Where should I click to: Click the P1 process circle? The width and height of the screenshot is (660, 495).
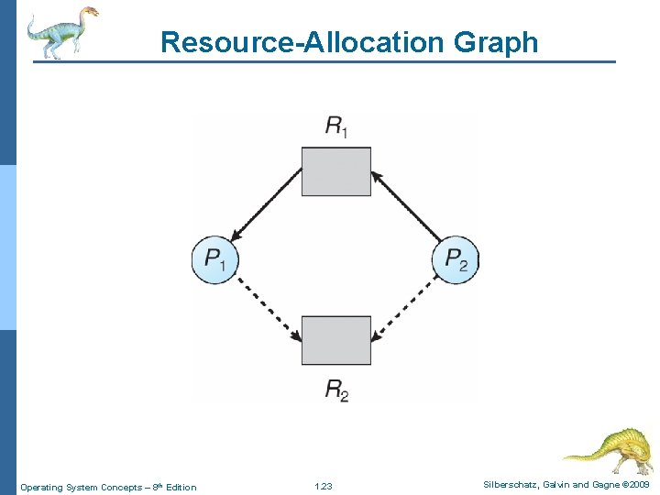point(214,259)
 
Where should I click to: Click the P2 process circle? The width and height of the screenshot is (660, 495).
point(456,259)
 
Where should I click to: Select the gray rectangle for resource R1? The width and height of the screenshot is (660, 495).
point(336,171)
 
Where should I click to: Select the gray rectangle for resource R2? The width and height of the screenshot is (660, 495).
point(336,340)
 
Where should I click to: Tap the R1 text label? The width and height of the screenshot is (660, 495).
point(336,126)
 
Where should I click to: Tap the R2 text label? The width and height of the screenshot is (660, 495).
point(336,390)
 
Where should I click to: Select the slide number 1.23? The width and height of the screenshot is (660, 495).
point(323,487)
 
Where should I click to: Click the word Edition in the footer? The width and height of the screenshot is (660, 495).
point(180,487)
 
